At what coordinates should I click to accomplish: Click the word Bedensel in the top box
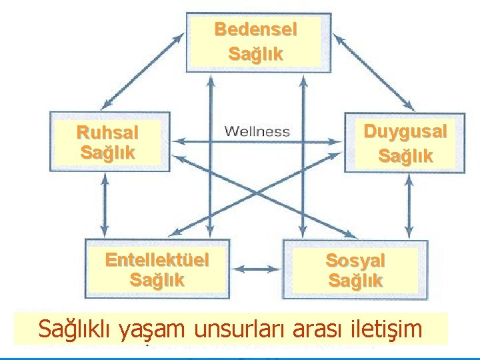(x=255, y=30)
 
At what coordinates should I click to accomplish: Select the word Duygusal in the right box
(x=405, y=132)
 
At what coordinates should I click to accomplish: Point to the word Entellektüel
(x=157, y=259)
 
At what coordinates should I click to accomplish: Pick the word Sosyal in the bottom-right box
(x=355, y=260)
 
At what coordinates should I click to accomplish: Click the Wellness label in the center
(x=257, y=131)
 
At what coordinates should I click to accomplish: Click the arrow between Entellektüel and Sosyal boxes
(x=257, y=269)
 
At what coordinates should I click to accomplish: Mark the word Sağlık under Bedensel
(x=255, y=53)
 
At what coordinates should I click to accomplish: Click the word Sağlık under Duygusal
(x=405, y=157)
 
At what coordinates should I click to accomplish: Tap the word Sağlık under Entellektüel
(x=157, y=280)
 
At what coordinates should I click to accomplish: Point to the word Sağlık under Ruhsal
(x=107, y=152)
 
